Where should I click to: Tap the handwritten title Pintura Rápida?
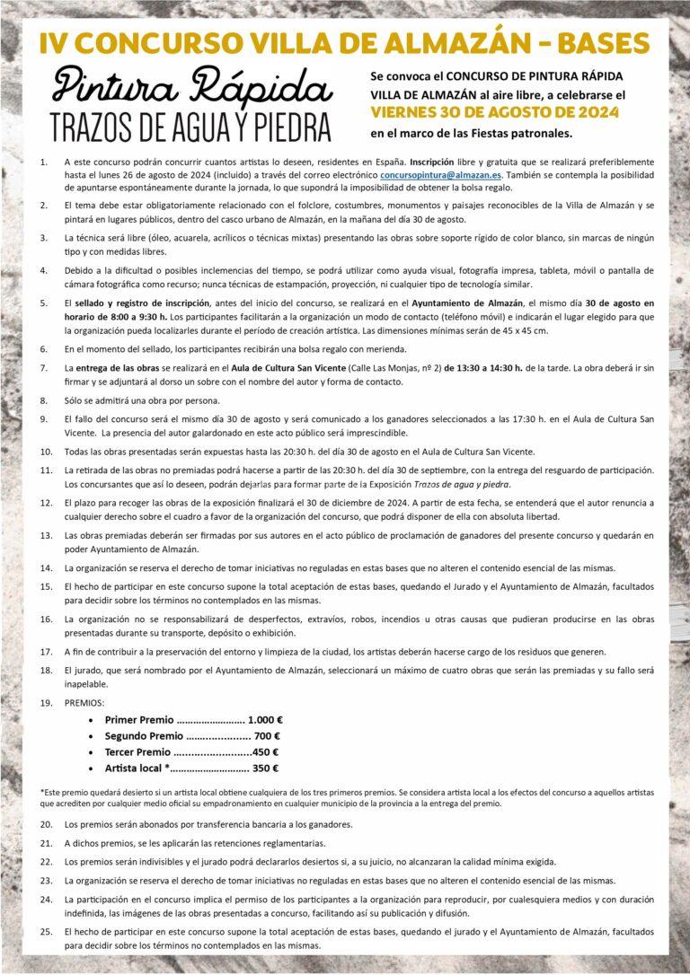pyautogui.click(x=180, y=88)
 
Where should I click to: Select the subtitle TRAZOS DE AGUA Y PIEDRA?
pyautogui.click(x=190, y=126)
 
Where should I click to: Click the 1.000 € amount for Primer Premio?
pyautogui.click(x=265, y=719)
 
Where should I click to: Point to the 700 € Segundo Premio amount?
pyautogui.click(x=269, y=735)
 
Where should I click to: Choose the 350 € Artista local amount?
pyautogui.click(x=265, y=768)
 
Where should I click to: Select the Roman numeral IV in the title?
pyautogui.click(x=53, y=43)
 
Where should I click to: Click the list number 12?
pyautogui.click(x=46, y=504)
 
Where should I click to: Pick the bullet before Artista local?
pyautogui.click(x=94, y=769)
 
